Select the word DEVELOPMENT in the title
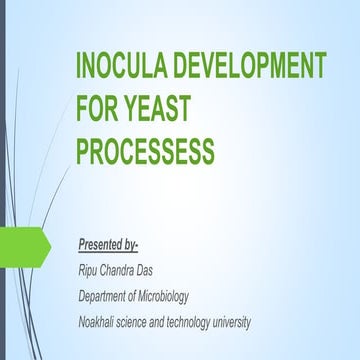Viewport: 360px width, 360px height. click(x=257, y=69)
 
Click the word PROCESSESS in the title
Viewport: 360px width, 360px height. click(x=145, y=151)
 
